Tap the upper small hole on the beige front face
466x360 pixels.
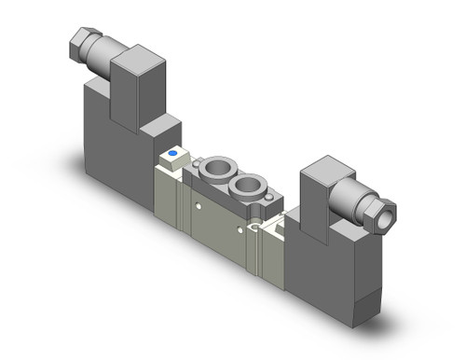tap(198, 201)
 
